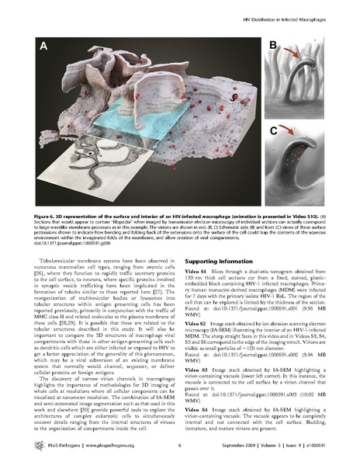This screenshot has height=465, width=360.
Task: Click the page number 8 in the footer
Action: [179, 446]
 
